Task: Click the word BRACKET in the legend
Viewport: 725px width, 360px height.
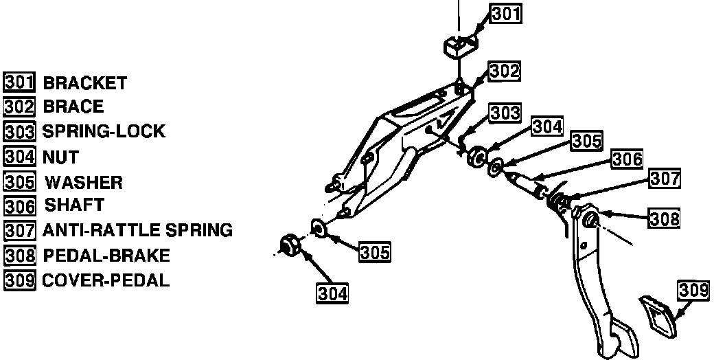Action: tap(84, 83)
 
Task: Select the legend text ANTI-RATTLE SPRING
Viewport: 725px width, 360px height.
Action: tap(137, 229)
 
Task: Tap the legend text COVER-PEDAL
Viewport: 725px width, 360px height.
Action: tap(106, 280)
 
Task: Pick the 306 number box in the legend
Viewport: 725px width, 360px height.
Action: tap(19, 205)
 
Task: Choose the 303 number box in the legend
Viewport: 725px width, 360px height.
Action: tap(19, 131)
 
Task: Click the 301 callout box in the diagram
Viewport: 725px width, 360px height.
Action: tap(506, 13)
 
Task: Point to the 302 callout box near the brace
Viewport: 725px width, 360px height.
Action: tap(504, 70)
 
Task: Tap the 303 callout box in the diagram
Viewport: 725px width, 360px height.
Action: tap(505, 112)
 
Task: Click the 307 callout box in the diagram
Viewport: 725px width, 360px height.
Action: tap(665, 179)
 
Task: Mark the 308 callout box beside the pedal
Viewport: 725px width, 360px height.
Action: tap(665, 218)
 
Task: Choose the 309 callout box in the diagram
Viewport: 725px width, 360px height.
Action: tap(693, 290)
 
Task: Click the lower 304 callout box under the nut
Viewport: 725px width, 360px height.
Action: tap(332, 293)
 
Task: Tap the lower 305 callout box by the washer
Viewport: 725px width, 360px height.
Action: tap(375, 252)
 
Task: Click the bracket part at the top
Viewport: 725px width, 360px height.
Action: tap(458, 47)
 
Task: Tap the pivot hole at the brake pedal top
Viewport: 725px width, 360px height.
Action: tap(590, 221)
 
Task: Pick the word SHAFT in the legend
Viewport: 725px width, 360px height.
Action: tap(74, 205)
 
